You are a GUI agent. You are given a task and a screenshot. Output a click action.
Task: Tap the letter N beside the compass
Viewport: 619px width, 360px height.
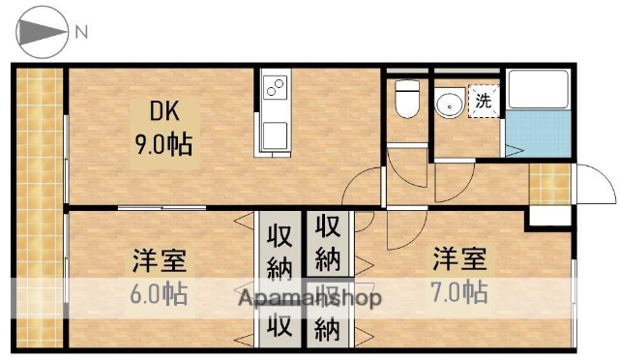pos(82,32)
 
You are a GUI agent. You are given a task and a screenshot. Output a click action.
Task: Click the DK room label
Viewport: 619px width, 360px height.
pos(162,111)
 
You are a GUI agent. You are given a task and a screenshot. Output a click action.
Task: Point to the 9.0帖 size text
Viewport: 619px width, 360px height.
pos(162,144)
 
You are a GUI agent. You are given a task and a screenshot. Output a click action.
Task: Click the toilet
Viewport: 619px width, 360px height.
pos(406,98)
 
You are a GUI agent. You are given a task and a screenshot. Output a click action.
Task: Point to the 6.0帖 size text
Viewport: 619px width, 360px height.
pos(160,292)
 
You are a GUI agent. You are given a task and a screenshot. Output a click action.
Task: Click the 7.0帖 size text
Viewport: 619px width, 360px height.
pos(458,290)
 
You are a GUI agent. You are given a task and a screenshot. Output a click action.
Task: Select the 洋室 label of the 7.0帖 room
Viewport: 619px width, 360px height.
pos(458,259)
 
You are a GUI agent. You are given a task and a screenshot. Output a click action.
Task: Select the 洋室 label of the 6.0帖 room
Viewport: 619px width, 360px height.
pos(160,261)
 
